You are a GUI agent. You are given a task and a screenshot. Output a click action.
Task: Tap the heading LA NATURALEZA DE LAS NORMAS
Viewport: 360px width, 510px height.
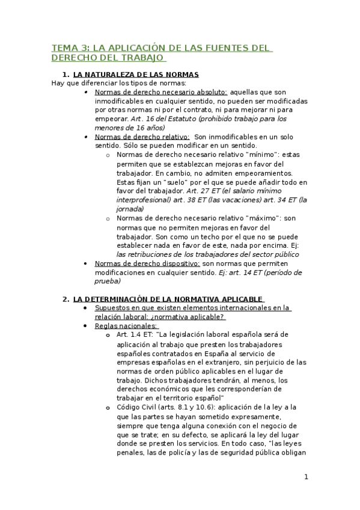(136, 75)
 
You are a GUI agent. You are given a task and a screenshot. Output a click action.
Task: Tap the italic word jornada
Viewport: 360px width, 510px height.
(130, 209)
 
